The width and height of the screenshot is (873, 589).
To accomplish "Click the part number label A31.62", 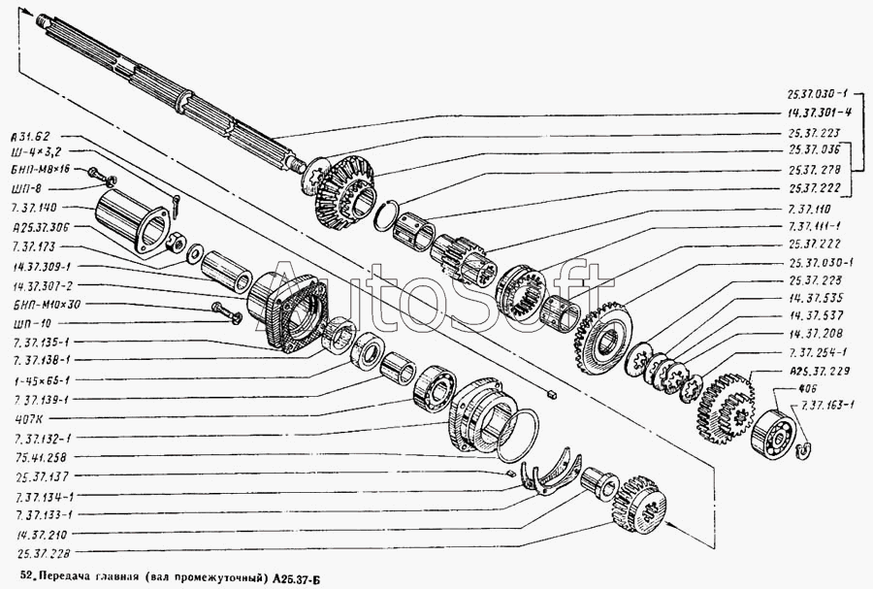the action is pos(35,136).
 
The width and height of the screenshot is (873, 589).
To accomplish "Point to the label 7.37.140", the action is pos(36,208).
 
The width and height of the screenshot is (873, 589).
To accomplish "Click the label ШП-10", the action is pos(33,322).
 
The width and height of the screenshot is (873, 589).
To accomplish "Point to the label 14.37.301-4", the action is pos(820,113).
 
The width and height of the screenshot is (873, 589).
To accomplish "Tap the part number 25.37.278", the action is pos(813,169).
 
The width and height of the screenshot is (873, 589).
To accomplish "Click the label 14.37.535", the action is pos(814,299).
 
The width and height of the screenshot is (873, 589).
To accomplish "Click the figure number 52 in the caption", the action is pos(26,578).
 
